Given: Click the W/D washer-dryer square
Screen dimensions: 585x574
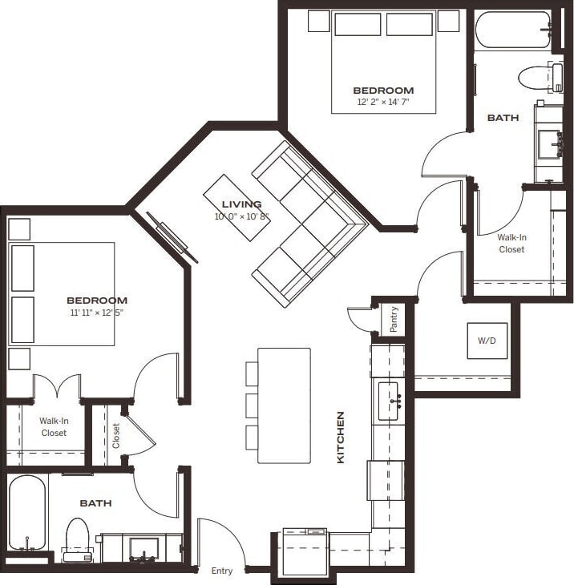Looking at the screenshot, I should pos(487,341).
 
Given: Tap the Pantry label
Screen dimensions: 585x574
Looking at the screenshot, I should pos(394,319).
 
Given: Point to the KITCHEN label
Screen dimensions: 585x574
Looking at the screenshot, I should pos(341,438).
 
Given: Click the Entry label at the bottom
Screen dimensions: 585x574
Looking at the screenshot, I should pos(222,571).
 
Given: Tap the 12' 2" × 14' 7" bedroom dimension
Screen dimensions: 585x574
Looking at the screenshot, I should pos(383,103).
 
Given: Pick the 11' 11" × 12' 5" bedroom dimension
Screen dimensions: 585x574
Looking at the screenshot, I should pos(97,313).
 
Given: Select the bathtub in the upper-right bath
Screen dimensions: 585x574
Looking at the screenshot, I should pos(511,30).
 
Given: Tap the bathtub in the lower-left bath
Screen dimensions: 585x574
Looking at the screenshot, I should pos(27,513).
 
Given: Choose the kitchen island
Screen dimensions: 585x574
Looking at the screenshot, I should pos(284,405).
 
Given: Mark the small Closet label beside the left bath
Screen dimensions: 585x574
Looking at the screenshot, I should pos(116,436).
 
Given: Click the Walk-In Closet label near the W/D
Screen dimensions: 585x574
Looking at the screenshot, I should pos(511,244).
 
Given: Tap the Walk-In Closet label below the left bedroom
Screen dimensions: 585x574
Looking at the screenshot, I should pos(53,426).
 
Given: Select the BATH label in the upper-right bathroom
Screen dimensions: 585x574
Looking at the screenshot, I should pos(503,118).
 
